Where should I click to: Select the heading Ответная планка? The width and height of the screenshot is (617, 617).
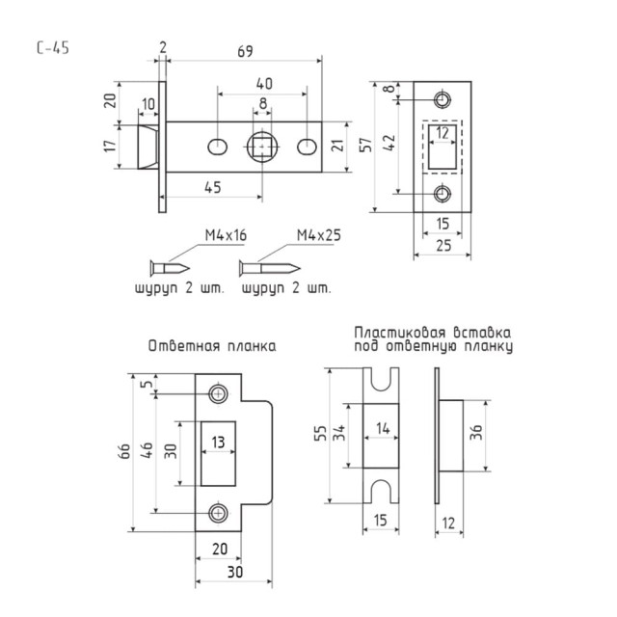coord(212,345)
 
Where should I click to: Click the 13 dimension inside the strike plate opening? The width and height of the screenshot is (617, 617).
coord(219,442)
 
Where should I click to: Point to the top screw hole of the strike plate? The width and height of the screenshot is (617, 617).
coord(219,394)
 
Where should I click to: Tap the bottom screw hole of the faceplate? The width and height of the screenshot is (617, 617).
coord(443,193)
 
